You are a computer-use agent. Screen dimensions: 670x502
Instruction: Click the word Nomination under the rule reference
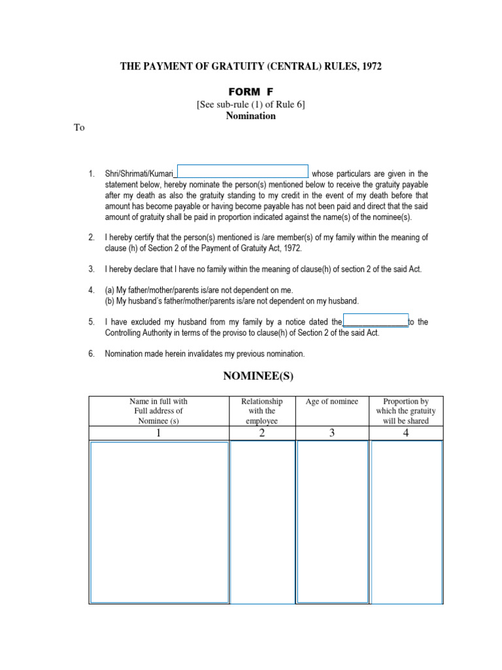[x=250, y=116]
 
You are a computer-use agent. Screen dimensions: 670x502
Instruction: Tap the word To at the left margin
[x=79, y=128]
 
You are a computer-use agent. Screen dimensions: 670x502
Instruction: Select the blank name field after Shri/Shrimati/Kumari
[x=243, y=171]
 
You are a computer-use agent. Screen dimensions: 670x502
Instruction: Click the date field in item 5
[x=375, y=321]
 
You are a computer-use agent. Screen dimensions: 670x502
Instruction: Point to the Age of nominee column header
[x=332, y=402]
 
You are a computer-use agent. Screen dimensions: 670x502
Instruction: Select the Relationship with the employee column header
[x=261, y=411]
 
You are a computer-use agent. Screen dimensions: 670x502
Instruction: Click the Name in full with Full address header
[x=158, y=411]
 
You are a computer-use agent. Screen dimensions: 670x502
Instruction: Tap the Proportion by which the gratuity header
[x=405, y=411]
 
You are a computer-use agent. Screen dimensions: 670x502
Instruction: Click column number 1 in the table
[x=158, y=432]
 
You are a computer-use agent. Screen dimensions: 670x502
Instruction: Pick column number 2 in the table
[x=261, y=432]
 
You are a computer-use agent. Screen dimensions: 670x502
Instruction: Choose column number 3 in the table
[x=332, y=432]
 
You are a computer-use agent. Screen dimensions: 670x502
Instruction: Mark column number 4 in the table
[x=405, y=432]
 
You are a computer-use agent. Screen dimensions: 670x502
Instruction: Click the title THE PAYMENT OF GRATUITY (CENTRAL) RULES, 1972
[x=250, y=66]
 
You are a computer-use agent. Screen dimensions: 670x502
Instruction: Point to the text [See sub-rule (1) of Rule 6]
[x=250, y=104]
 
